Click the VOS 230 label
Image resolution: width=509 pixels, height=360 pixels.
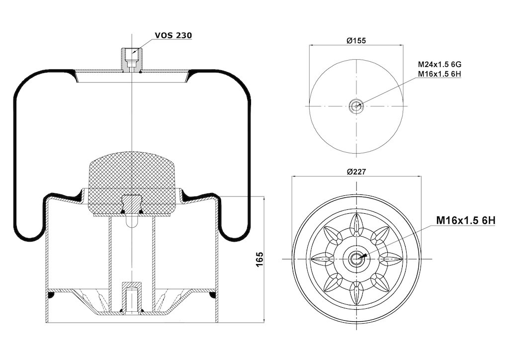click(173, 35)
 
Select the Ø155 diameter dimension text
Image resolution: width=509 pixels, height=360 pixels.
click(356, 41)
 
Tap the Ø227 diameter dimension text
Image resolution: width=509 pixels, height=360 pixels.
click(356, 172)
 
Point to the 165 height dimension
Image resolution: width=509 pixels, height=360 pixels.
click(259, 259)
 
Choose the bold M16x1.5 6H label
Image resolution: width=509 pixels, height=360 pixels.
click(465, 221)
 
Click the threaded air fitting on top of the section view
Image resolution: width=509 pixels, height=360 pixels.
click(131, 60)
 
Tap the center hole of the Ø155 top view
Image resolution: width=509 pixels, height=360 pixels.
click(356, 106)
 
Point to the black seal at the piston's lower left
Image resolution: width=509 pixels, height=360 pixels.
click(50, 295)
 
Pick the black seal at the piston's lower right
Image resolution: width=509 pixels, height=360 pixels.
click(213, 295)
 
